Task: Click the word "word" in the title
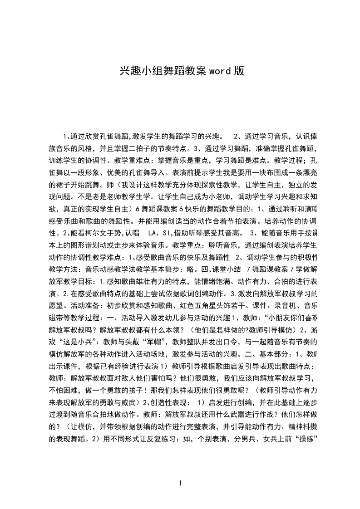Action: coord(220,71)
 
